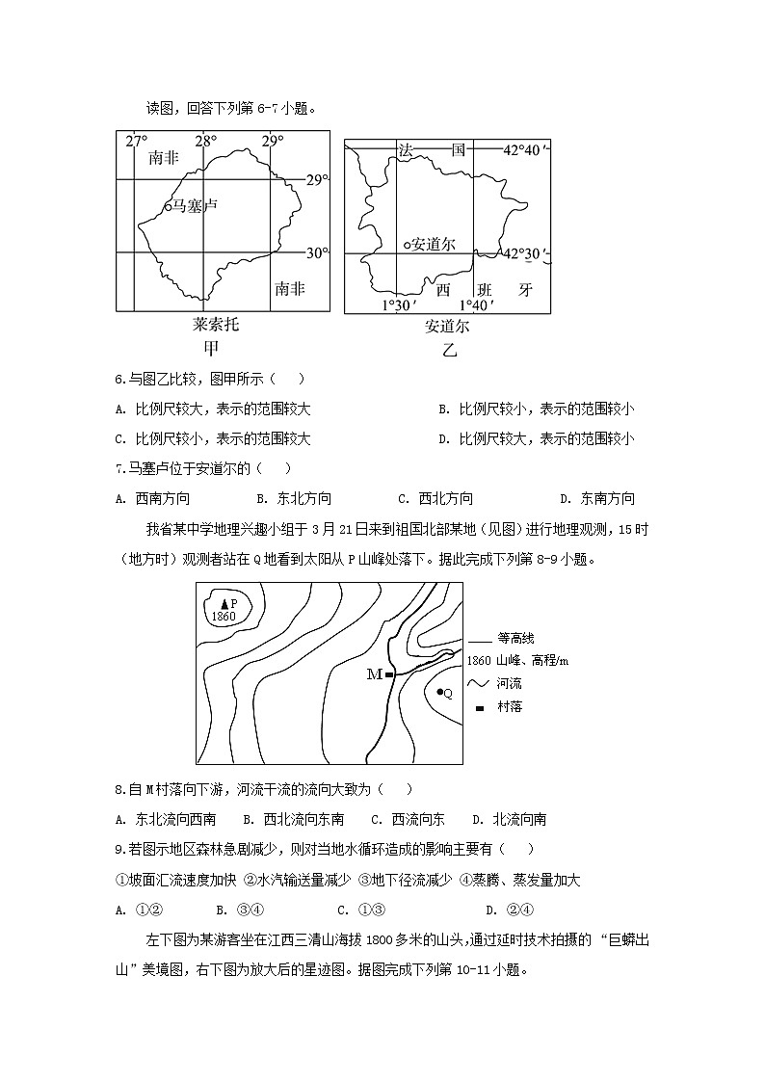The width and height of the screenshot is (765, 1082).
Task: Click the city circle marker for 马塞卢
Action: (x=167, y=205)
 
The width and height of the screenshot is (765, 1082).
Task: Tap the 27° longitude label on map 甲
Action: (x=136, y=142)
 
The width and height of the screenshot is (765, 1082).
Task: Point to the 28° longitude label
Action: (x=205, y=142)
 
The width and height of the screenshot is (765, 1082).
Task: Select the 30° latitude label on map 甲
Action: (x=317, y=253)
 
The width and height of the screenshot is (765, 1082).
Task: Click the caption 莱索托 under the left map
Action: (x=216, y=324)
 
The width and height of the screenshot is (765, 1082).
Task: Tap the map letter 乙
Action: (x=449, y=350)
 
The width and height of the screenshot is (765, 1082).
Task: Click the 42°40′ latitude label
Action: (x=526, y=150)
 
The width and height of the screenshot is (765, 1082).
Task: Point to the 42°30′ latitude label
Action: (x=526, y=253)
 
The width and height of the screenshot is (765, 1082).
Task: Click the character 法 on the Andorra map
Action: (x=406, y=150)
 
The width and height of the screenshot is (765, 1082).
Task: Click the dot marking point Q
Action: (x=439, y=692)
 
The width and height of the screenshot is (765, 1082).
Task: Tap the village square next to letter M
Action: (x=389, y=674)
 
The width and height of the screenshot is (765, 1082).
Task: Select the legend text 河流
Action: (x=510, y=683)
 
